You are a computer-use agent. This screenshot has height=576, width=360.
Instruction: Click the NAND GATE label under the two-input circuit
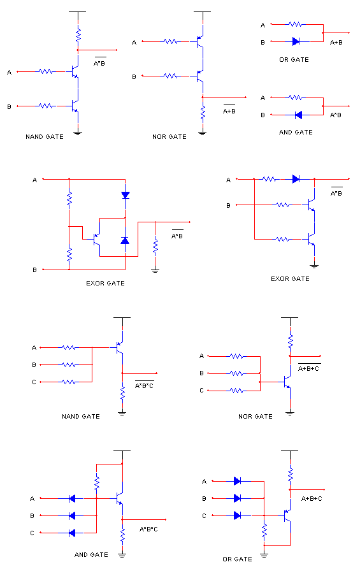point(45,136)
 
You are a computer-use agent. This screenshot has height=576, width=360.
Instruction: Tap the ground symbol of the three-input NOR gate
point(290,413)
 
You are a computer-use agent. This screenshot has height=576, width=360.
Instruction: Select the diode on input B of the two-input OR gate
point(296,41)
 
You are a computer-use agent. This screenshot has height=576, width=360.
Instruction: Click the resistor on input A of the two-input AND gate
point(296,97)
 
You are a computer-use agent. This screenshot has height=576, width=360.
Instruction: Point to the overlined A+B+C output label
point(308,368)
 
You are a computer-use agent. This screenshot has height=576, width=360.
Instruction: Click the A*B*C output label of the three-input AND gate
point(148,529)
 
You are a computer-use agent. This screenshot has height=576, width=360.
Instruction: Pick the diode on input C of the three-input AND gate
point(72,533)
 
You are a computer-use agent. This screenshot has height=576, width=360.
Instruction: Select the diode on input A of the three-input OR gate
point(237,481)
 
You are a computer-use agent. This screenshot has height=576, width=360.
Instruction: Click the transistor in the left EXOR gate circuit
point(97,239)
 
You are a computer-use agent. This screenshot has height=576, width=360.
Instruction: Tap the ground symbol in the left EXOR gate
point(155,271)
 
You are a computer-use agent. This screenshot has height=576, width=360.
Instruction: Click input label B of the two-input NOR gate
point(134,76)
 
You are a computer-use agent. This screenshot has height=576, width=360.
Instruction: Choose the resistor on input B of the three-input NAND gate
point(69,364)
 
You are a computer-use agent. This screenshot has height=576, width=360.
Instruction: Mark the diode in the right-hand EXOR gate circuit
point(296,179)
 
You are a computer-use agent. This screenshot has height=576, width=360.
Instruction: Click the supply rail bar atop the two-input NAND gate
point(78,11)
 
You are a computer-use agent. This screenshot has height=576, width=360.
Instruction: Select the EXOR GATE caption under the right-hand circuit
point(290,279)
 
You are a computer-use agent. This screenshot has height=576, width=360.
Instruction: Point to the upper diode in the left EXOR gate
point(126,195)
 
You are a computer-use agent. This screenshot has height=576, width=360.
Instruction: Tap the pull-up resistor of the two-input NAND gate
point(78,35)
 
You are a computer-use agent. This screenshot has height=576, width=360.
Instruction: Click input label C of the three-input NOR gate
point(201,390)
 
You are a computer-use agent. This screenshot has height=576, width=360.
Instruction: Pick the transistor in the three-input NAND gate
point(119,347)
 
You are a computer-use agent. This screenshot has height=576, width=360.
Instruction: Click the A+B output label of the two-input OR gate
point(336,43)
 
